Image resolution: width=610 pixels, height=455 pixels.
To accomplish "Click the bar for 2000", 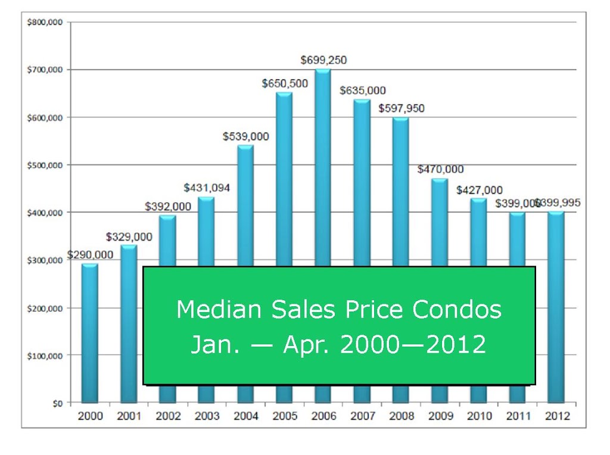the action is [90, 333].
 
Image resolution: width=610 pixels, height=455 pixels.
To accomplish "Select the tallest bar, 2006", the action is [323, 167].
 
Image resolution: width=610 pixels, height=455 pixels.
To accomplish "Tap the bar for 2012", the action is [556, 307].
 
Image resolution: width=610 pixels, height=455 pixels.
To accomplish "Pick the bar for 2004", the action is [245, 205].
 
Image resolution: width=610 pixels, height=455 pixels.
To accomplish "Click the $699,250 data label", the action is [323, 60].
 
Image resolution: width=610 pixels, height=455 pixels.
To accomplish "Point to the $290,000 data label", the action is [90, 255].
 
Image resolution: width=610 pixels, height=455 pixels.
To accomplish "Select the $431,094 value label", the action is [207, 188].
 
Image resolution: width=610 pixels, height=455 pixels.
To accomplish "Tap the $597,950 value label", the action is [401, 108].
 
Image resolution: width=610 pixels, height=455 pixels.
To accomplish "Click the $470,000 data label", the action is [440, 169].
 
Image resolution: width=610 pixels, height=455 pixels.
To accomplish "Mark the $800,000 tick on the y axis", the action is [45, 22].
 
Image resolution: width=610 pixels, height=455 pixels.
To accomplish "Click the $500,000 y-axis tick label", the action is [45, 166].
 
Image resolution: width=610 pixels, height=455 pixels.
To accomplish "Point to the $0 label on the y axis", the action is [58, 404].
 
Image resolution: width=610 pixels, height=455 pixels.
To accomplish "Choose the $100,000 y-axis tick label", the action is [45, 356].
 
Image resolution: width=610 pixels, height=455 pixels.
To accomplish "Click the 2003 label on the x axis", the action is [207, 416].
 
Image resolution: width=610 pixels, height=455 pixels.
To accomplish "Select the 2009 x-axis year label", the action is [440, 416].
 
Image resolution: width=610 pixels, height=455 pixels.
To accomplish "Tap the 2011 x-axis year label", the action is [518, 416].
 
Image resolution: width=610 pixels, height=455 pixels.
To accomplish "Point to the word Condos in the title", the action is [457, 310].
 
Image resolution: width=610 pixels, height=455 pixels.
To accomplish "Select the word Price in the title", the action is [374, 310].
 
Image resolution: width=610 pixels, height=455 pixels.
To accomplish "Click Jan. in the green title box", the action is [215, 344].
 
